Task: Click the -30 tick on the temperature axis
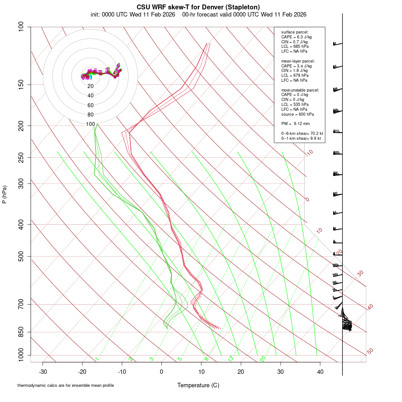(x=43, y=372)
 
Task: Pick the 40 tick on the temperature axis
(x=320, y=372)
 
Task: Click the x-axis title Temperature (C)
(x=198, y=385)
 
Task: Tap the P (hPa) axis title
(x=4, y=194)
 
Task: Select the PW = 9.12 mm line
(x=295, y=124)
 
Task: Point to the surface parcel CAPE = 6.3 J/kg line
(x=296, y=37)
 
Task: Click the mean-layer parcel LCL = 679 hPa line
(x=294, y=75)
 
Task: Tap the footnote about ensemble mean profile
(x=65, y=385)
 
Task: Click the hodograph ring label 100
(x=91, y=124)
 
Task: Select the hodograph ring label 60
(x=91, y=105)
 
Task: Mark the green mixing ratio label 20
(x=263, y=359)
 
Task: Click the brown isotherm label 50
(x=370, y=352)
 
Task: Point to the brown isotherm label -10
(x=309, y=153)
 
